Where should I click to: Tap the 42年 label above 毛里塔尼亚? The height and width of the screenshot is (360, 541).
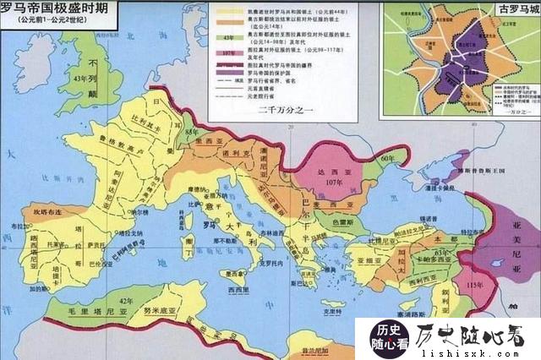(x=128, y=301)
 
